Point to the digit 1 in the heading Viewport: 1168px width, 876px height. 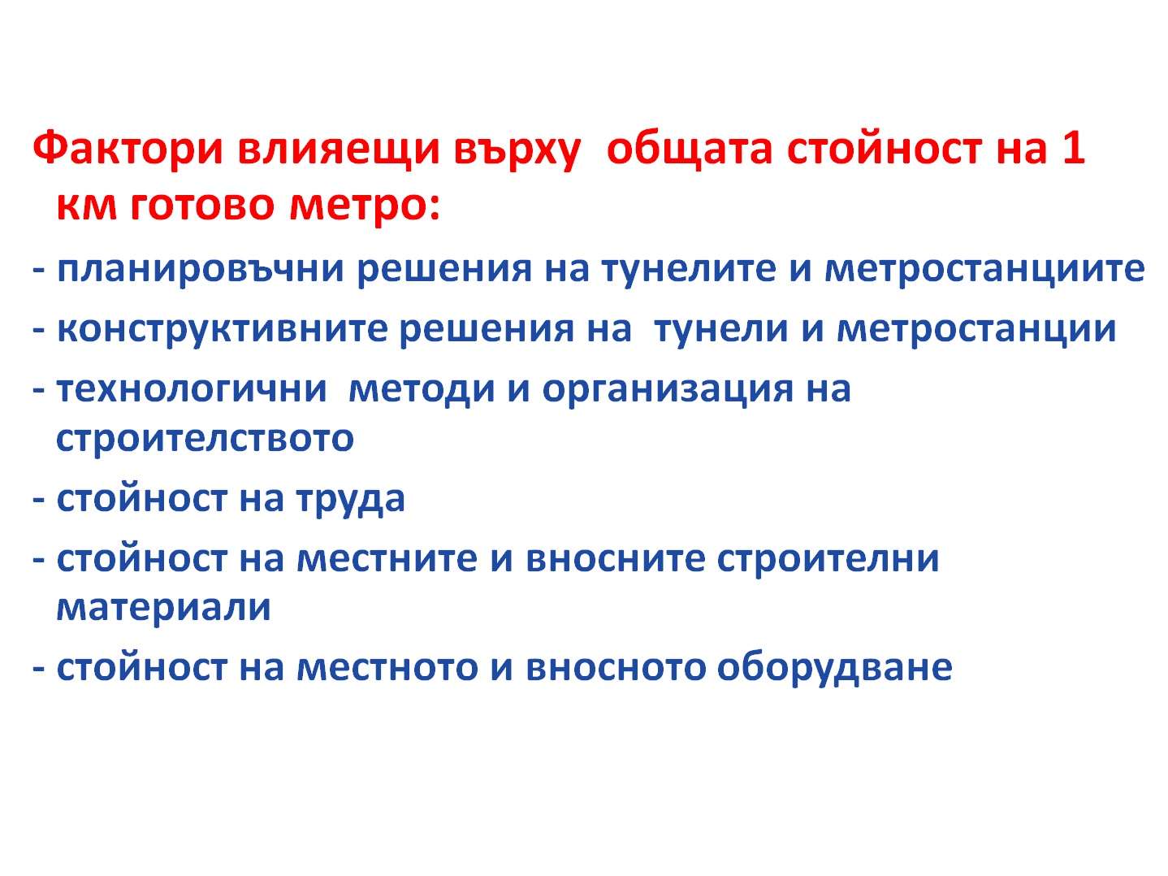pos(1071,147)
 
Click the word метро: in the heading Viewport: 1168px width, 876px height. pos(365,206)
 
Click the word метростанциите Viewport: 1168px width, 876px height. pos(984,269)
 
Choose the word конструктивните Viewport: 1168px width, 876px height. pos(223,329)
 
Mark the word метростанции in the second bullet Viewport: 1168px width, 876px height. pos(976,329)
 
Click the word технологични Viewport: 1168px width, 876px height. pos(192,389)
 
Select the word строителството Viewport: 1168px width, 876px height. pos(205,439)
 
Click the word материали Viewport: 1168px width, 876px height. pos(164,608)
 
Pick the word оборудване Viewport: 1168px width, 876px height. pos(834,667)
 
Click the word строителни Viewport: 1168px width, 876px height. pos(828,559)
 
